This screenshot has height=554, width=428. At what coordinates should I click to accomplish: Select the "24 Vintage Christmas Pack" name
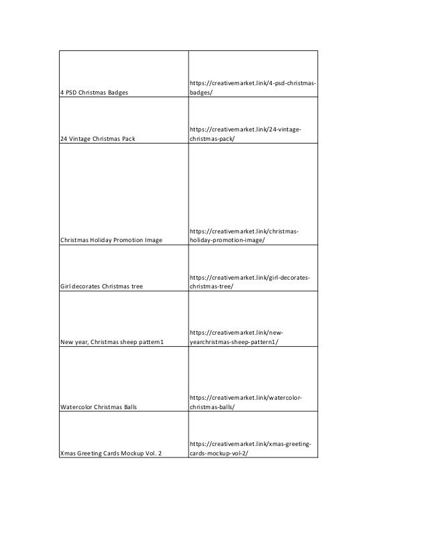pyautogui.click(x=98, y=139)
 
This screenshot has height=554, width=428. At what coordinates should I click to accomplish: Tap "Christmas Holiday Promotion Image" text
pyautogui.click(x=111, y=240)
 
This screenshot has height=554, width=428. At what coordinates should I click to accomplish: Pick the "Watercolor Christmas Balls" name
pyautogui.click(x=100, y=406)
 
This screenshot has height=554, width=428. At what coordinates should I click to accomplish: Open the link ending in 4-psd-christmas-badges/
pyautogui.click(x=253, y=87)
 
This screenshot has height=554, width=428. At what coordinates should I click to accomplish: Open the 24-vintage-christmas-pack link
pyautogui.click(x=245, y=134)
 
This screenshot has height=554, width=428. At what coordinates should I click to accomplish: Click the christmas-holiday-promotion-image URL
pyautogui.click(x=244, y=235)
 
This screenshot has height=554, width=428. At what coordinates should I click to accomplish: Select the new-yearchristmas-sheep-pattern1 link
pyautogui.click(x=234, y=337)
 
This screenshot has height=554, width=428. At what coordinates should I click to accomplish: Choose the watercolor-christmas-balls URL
pyautogui.click(x=245, y=402)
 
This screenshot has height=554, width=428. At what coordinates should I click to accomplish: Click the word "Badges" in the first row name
pyautogui.click(x=116, y=92)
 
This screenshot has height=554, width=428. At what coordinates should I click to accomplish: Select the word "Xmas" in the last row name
pyautogui.click(x=68, y=453)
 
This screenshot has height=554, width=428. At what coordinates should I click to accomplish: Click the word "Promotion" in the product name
pyautogui.click(x=127, y=240)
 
